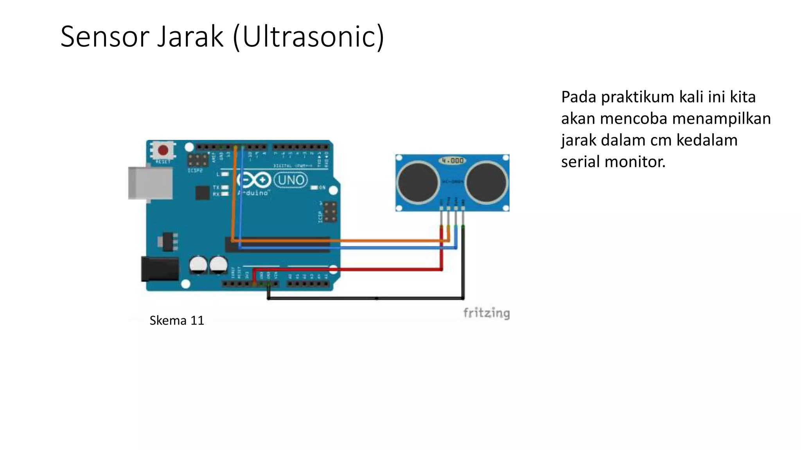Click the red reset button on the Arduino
tap(163, 150)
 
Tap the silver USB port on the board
tap(150, 183)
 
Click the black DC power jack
tap(160, 269)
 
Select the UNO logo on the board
tap(291, 180)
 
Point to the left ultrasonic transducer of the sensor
tap(418, 182)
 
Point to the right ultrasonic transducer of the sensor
tap(486, 182)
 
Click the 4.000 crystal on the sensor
tap(453, 161)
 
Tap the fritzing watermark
tap(486, 313)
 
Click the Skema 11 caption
tap(177, 321)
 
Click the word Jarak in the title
tap(190, 36)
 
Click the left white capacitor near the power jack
tap(198, 265)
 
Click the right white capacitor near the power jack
tap(218, 265)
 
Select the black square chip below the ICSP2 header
tap(202, 193)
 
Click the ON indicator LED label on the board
tap(321, 187)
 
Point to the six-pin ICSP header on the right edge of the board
tap(330, 212)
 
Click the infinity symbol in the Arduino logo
tap(254, 180)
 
